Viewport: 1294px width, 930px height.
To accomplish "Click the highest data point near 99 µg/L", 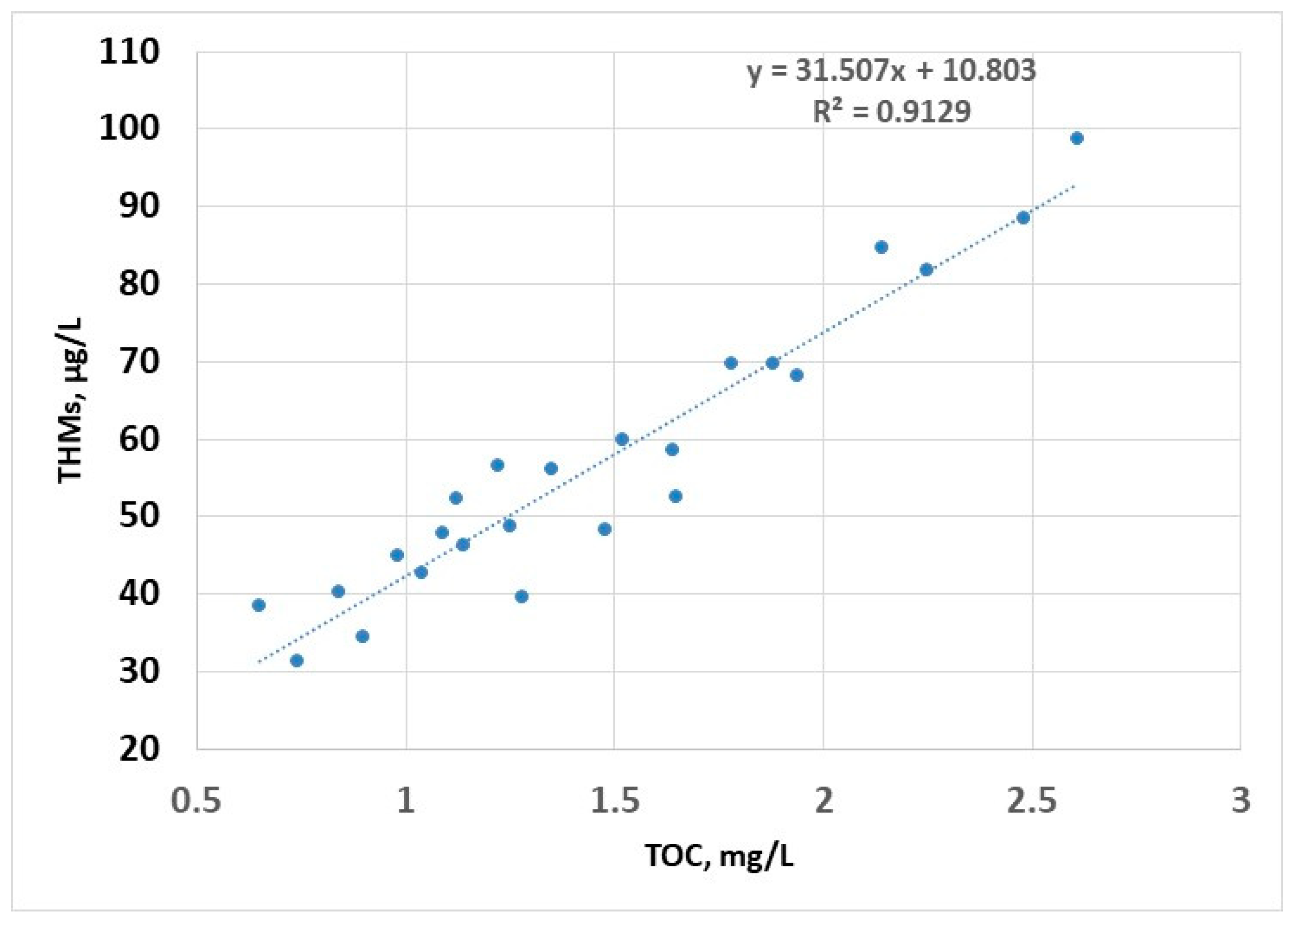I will (x=1077, y=139).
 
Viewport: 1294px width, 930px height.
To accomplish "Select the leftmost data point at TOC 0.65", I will (x=258, y=605).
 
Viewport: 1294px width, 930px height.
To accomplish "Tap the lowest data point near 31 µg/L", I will (x=297, y=661).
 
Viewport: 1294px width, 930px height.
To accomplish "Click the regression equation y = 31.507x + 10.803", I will (x=892, y=71).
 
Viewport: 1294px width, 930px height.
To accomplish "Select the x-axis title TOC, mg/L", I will (x=719, y=856).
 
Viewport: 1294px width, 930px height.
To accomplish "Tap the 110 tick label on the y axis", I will (x=129, y=52).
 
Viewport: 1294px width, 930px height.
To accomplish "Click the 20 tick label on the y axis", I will (x=139, y=749).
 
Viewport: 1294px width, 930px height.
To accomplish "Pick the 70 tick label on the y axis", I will (x=139, y=362).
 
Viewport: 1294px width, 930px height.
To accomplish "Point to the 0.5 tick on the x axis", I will (x=196, y=800).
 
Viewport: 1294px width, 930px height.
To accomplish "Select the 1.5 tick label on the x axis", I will (x=614, y=800).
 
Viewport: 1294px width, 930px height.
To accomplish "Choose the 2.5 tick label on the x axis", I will (x=1032, y=800).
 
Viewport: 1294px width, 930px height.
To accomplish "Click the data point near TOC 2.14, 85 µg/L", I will (x=882, y=247).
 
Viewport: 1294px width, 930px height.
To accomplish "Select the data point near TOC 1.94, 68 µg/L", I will (x=797, y=375).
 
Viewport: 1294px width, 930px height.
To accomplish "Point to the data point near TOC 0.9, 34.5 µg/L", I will (x=362, y=636).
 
